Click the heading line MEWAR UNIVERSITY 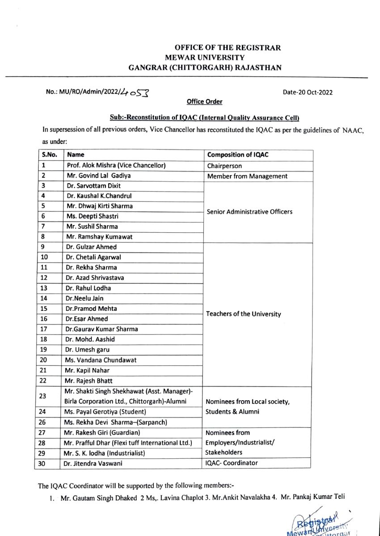(205, 58)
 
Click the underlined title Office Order (204, 102)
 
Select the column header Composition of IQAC (237, 155)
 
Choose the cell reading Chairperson (224, 166)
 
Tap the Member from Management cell (247, 176)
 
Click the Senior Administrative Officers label (249, 211)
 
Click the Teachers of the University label (244, 314)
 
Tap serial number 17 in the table (44, 329)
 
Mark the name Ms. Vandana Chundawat (101, 360)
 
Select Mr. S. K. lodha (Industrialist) (105, 453)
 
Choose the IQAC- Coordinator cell (232, 463)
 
